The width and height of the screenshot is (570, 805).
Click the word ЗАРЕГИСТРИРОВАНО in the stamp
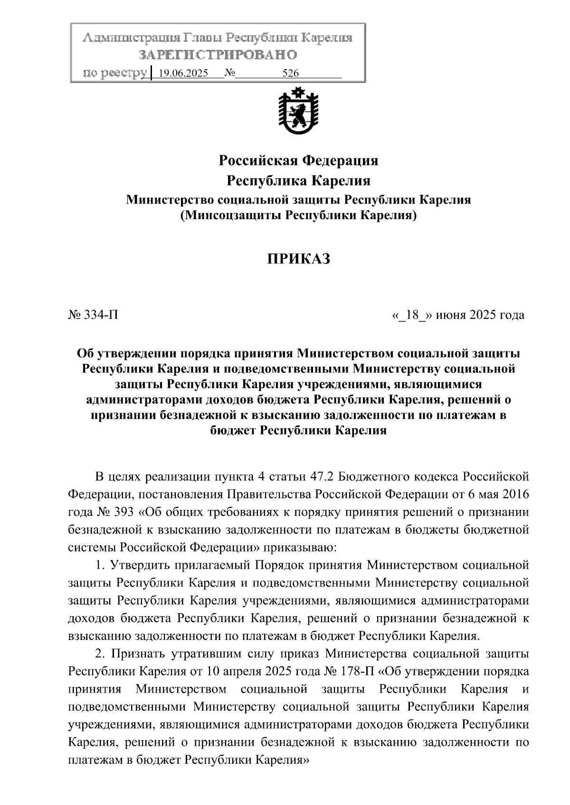coord(218,55)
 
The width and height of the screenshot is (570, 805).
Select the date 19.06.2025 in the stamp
coord(183,74)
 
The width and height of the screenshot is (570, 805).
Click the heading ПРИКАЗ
coord(298,259)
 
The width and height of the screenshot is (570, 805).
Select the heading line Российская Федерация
coord(298,161)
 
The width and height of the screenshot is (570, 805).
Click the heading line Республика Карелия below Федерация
coord(298,181)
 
